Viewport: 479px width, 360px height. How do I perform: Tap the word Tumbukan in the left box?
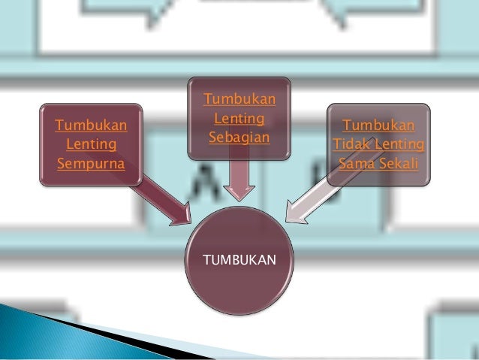(91, 124)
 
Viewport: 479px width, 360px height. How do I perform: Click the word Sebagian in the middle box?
(239, 137)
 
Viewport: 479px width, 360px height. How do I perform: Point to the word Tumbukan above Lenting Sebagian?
(239, 100)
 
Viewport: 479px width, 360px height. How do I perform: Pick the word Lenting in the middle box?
(239, 119)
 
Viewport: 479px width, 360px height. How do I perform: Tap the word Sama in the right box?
(357, 162)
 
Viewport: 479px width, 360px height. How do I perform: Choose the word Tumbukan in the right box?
(379, 125)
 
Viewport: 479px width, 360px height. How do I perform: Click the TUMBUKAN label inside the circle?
(239, 260)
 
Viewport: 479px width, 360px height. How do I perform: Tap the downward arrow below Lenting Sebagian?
(239, 180)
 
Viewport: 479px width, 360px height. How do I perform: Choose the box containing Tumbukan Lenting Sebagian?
(239, 118)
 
